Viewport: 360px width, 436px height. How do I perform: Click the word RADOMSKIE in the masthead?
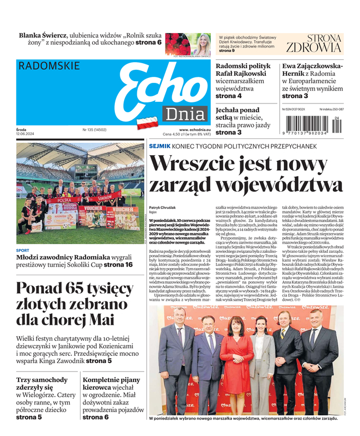coord(49,66)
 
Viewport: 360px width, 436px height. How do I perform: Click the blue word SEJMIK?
coord(160,147)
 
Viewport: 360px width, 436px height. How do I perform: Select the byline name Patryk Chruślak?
coord(163,208)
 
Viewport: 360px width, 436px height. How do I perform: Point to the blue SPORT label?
coord(23,251)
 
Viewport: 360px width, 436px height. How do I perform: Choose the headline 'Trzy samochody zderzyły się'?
coord(42,385)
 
